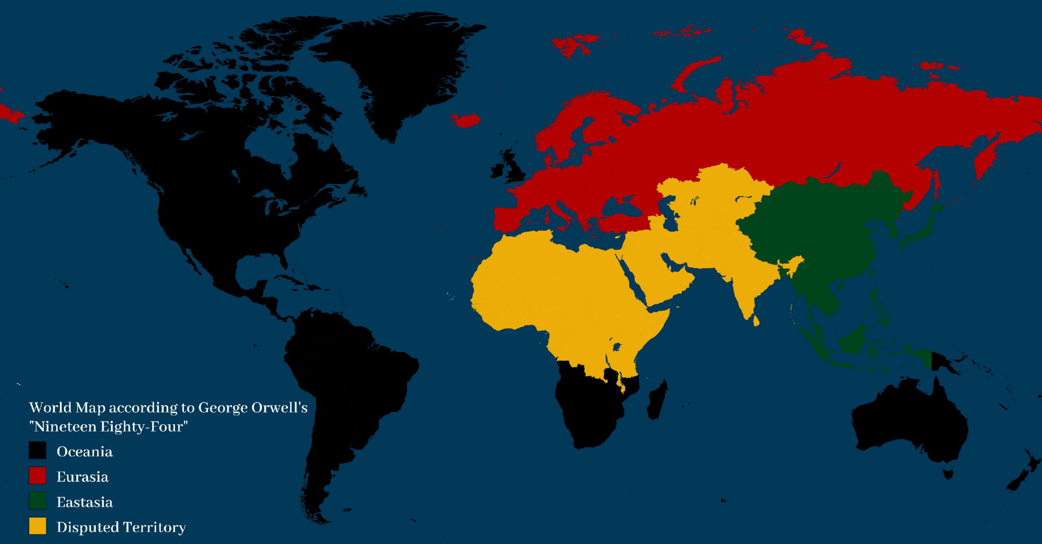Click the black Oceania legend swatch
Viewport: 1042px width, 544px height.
coord(38,451)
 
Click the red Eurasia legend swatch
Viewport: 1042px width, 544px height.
coord(38,476)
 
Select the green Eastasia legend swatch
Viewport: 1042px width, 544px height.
coord(38,501)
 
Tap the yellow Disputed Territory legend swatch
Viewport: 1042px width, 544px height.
coord(38,526)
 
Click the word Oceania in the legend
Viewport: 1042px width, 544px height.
coord(84,452)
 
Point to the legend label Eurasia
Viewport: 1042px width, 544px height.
coord(82,477)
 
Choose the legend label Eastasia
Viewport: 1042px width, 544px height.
coord(84,502)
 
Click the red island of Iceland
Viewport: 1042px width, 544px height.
coord(467,120)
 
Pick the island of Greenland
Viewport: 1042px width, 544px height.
coord(406,68)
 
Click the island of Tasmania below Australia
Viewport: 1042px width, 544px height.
coord(948,474)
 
